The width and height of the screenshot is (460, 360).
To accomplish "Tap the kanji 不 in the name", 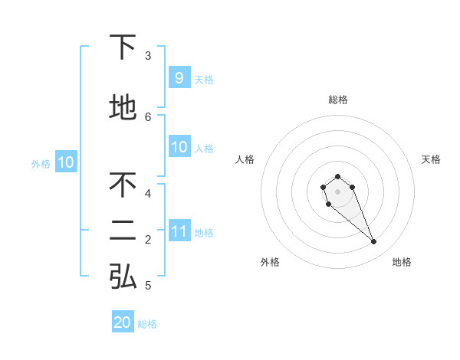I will point(123,185).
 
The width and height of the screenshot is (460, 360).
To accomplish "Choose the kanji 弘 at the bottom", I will point(123,277).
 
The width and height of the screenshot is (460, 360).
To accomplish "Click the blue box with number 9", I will point(179,78).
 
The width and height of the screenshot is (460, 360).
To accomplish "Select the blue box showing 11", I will point(179,231).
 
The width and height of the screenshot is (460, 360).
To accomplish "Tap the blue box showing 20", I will point(123,322).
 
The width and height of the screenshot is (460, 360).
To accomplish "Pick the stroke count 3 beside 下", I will point(148,55).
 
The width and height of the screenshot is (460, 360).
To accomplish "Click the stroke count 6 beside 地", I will point(148,116).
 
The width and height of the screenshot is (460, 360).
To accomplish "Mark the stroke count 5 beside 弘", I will point(148,286).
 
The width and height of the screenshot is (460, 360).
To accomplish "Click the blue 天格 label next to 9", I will point(204,79).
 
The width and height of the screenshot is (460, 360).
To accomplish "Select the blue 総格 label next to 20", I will point(147,324).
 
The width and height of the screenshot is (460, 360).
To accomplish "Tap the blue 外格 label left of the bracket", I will point(41,163).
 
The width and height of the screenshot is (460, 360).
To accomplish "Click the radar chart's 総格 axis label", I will point(338,100).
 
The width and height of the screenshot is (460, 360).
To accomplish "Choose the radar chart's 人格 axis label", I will point(245,159).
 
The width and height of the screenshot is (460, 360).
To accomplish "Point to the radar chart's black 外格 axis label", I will point(270,262).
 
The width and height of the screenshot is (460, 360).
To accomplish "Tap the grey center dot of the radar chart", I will point(337,191).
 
